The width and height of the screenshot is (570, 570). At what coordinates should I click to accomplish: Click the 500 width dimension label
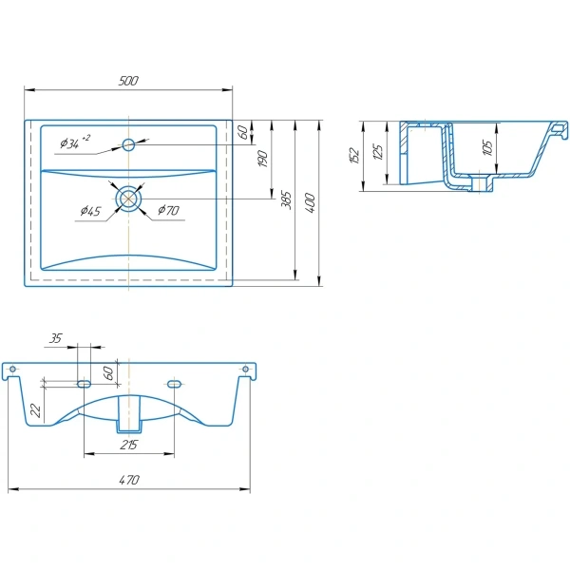click(x=128, y=81)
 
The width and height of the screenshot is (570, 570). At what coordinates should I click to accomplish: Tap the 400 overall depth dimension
click(x=310, y=203)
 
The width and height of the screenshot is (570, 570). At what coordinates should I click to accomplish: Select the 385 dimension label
click(x=287, y=199)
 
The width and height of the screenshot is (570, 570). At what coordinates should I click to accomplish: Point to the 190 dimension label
click(x=263, y=159)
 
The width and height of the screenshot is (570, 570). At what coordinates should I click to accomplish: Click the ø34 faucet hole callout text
click(x=75, y=142)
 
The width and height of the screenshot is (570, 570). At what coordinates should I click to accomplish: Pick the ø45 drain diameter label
click(x=90, y=211)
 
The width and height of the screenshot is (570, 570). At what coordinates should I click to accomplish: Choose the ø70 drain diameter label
click(x=168, y=210)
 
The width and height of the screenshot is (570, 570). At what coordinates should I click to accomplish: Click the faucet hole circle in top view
click(x=128, y=144)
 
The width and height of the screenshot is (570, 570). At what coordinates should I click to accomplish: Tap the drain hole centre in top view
click(x=128, y=199)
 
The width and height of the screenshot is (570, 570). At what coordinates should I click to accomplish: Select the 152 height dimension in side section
click(x=354, y=156)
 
